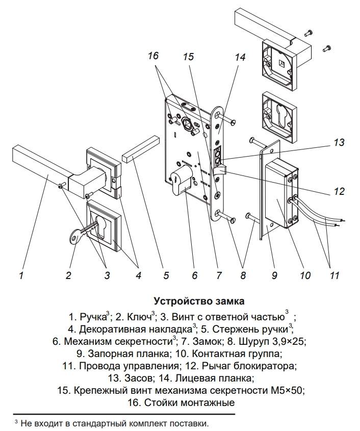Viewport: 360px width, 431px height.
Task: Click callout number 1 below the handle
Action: (x=21, y=276)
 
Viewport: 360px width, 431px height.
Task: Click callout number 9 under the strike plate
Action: (x=274, y=276)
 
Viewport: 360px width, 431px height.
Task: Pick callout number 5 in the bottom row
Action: (x=166, y=276)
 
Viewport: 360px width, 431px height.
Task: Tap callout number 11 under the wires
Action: (x=333, y=276)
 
